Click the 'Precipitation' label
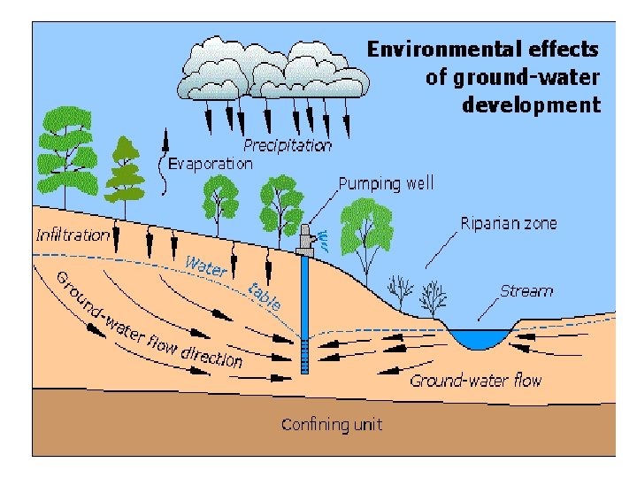coord(288,145)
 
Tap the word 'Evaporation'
coord(211,163)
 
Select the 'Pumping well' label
coord(387,184)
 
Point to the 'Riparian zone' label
coord(509,223)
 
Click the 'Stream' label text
coord(526,290)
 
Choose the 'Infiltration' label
coord(73,235)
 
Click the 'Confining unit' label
coord(332,424)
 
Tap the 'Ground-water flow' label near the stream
coord(475,381)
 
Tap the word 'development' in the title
coord(531,105)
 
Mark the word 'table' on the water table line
coord(265,295)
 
